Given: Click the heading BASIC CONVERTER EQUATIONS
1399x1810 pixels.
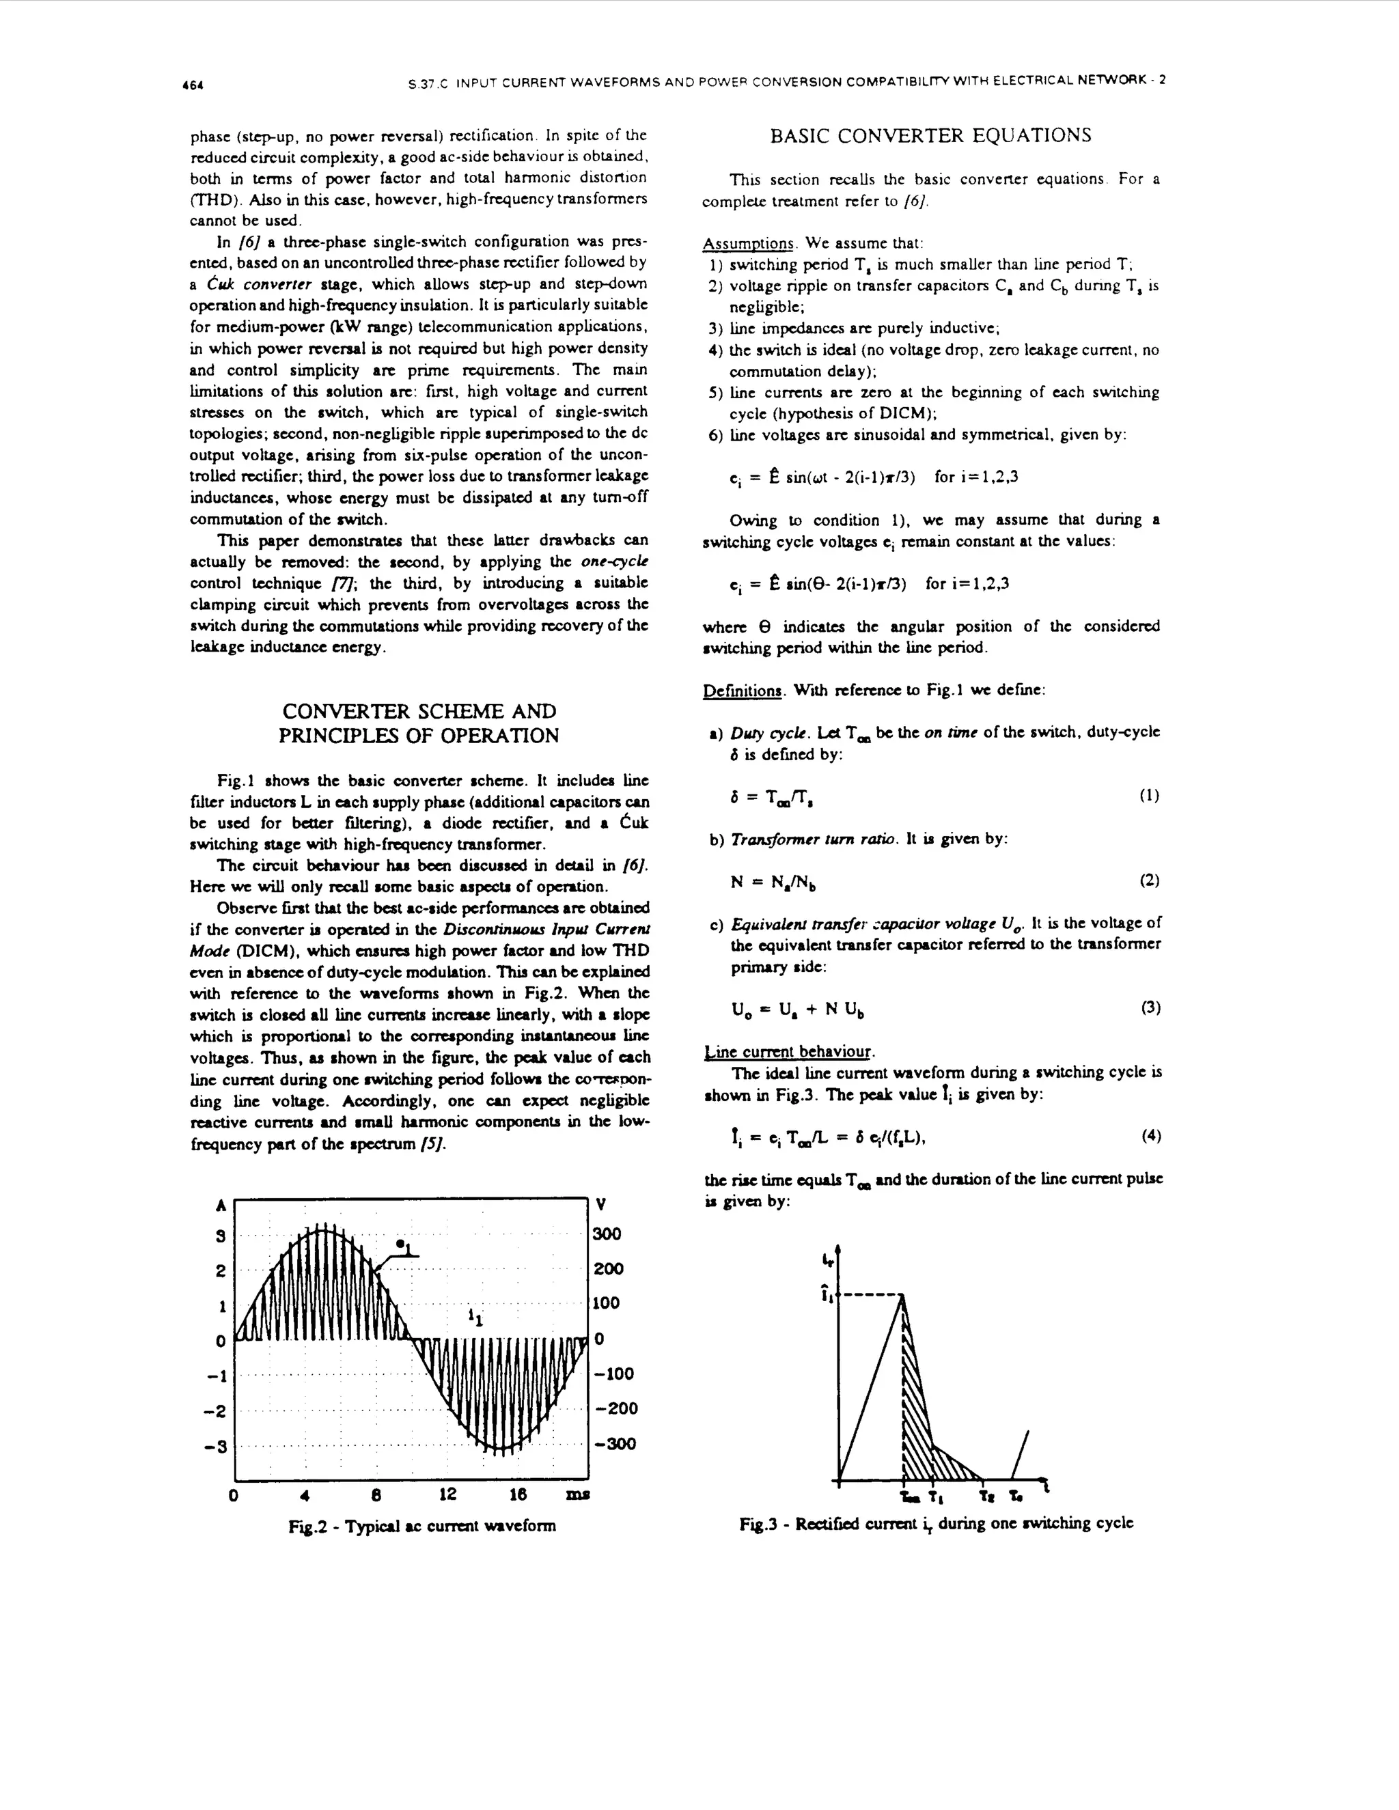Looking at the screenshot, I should point(931,136).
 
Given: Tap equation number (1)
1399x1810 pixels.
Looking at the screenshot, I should point(1149,796).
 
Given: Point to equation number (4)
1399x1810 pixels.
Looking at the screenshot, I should point(1150,1137).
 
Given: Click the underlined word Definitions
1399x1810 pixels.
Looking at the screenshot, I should point(742,691).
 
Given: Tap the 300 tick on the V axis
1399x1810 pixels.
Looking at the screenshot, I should point(607,1234).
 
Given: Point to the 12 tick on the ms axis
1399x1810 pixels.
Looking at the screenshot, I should point(447,1495).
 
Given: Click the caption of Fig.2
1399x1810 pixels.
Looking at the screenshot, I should point(421,1526).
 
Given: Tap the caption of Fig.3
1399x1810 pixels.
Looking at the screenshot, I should point(936,1523).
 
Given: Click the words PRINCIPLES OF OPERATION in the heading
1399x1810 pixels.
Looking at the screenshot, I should point(419,735).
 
